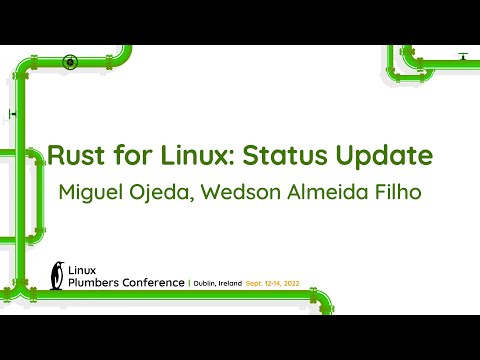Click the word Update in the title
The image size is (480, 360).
click(388, 158)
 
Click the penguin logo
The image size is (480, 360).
click(58, 273)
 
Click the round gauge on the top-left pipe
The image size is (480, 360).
click(70, 60)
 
